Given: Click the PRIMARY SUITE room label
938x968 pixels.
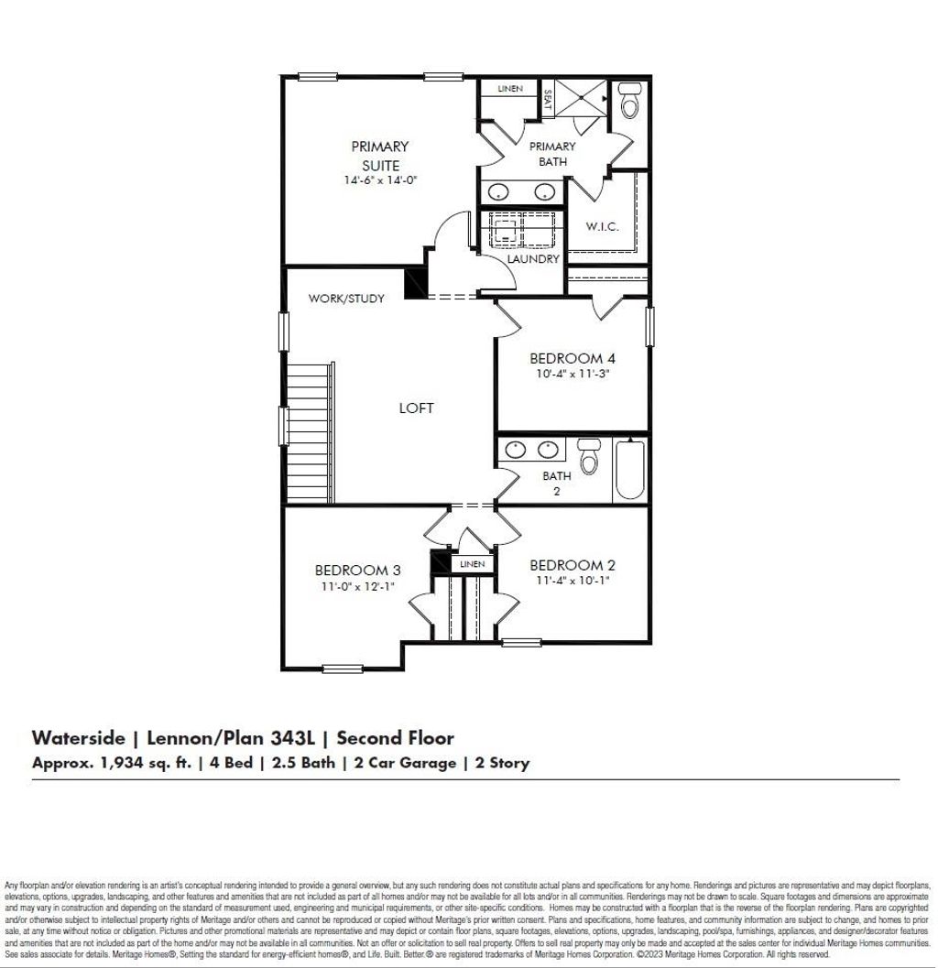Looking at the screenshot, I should [379, 156].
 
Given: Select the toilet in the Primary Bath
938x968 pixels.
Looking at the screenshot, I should [629, 103].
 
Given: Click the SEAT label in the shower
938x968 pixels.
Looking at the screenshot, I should [547, 99].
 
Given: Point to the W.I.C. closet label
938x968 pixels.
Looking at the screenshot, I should [602, 226].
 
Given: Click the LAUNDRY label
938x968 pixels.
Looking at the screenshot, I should [533, 259].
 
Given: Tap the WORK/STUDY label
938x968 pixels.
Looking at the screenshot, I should [346, 299].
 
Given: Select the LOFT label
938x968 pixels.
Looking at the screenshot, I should [416, 408].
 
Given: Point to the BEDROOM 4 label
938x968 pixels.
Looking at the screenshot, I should [566, 358].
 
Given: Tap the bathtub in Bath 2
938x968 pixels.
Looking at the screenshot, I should [630, 470].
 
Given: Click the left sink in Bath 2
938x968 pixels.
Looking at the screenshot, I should [516, 450].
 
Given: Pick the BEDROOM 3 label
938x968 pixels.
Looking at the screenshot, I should [357, 570].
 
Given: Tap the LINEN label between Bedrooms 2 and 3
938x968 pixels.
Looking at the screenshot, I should [473, 564].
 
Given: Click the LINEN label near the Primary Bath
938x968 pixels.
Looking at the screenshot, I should [510, 89].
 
